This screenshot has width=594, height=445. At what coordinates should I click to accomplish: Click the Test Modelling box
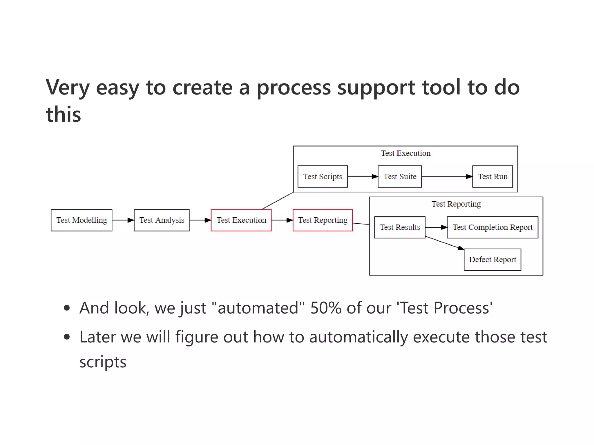coord(82,220)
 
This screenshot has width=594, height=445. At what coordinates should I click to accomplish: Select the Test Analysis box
coord(162,220)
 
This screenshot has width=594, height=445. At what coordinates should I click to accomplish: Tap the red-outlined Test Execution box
coord(241,220)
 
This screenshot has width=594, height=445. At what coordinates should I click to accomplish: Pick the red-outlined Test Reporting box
coord(323,220)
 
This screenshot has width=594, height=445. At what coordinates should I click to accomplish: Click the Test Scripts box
coord(323,176)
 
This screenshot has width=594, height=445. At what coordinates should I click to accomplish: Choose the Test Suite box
coord(400,176)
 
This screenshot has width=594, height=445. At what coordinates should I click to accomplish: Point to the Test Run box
coord(492,176)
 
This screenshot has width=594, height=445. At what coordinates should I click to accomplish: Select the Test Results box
coord(400,227)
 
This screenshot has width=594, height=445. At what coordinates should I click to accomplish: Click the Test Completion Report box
coord(492,227)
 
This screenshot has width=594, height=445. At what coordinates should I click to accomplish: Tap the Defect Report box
coord(492,260)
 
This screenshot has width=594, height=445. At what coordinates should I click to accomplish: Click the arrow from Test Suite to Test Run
coord(447,176)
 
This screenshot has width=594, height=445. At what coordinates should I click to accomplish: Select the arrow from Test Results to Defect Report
coord(444,243)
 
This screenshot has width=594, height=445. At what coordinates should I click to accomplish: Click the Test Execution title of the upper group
coord(405,153)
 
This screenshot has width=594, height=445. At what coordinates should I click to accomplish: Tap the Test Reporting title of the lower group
coord(456,204)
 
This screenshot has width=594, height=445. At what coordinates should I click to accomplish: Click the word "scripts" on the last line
coord(103,362)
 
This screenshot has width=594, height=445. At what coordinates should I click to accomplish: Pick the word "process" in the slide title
coord(294,87)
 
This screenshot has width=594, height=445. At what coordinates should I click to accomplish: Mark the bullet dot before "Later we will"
coord(67,337)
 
